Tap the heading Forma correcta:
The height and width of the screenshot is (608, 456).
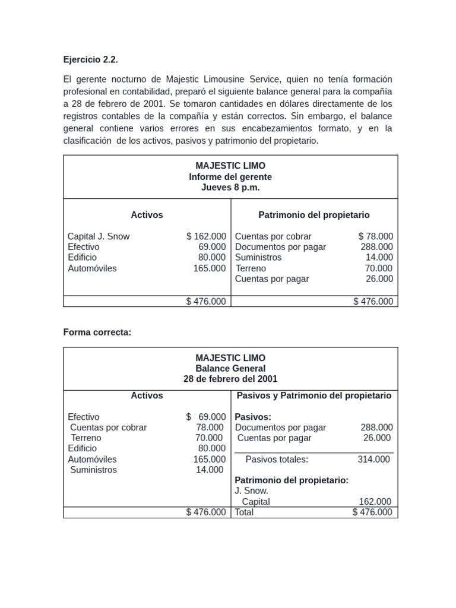(x=97, y=332)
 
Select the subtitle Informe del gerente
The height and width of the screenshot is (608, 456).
(x=230, y=177)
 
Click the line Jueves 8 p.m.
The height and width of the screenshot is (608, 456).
(x=230, y=188)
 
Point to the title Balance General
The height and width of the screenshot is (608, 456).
(x=230, y=368)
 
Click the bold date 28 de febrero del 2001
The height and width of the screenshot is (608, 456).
(x=230, y=379)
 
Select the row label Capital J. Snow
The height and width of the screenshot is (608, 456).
(x=99, y=236)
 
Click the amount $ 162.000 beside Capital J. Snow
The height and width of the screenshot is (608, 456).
(x=206, y=236)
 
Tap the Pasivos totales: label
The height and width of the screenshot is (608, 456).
(x=277, y=459)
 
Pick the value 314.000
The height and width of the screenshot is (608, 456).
(x=373, y=459)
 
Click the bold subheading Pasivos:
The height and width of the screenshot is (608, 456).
(x=253, y=417)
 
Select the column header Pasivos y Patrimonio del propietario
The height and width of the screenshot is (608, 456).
(x=313, y=395)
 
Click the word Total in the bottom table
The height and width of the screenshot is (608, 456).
(x=244, y=512)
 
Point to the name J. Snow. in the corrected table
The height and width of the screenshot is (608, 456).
(x=252, y=491)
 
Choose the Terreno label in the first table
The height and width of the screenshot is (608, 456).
(x=251, y=268)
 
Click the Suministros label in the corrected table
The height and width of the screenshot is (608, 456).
(x=93, y=470)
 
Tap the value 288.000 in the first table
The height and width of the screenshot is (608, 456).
(x=376, y=247)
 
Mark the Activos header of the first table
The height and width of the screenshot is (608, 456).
(x=147, y=215)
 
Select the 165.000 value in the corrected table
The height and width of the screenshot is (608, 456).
(x=209, y=459)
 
